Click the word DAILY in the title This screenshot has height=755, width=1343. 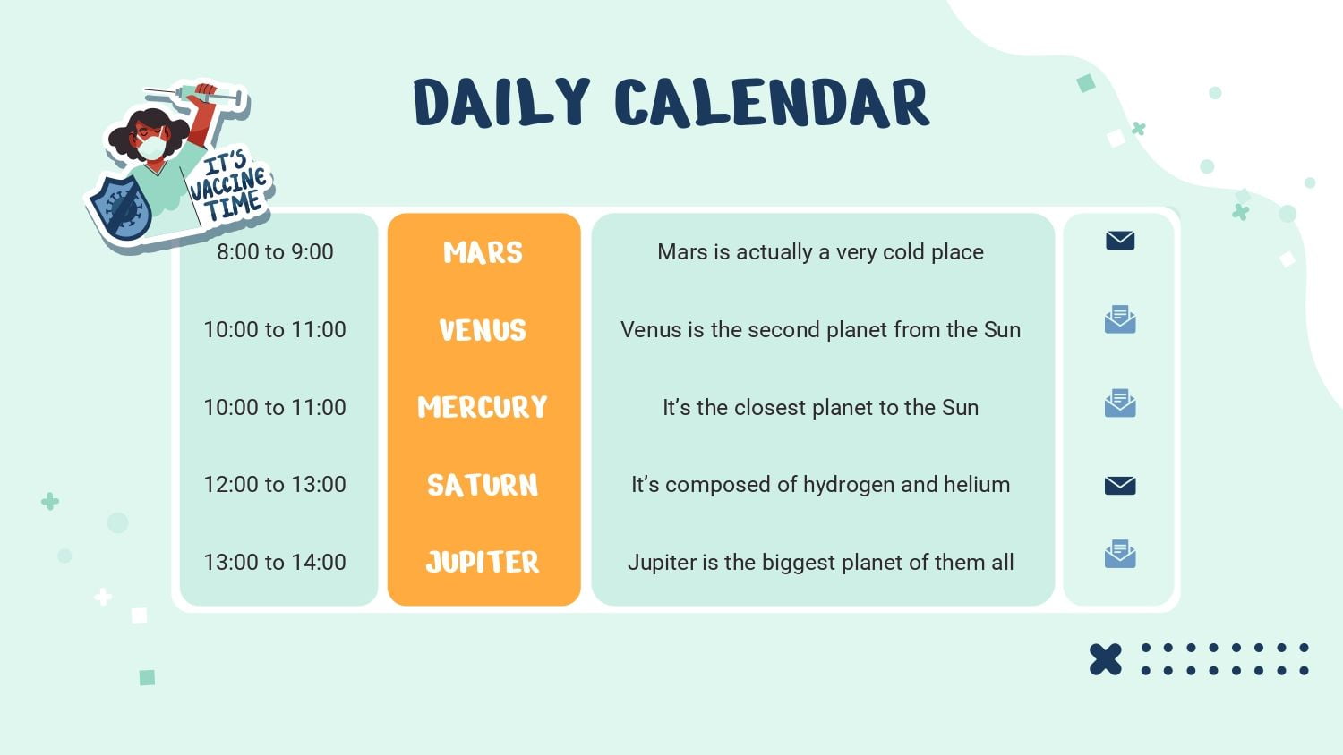point(501,102)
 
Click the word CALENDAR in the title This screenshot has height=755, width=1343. point(772,103)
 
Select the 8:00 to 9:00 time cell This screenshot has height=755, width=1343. point(275,251)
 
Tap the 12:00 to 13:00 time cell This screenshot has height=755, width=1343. point(275,484)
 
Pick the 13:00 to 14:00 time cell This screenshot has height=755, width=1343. point(275,562)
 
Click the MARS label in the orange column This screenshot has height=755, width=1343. point(483,252)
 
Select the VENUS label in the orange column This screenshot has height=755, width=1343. point(483,330)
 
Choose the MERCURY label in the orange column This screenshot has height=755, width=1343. point(483,407)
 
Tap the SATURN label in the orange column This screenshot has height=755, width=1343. point(483,485)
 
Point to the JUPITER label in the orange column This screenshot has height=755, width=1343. point(483,562)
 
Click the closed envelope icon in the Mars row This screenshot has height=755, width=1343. point(1120,241)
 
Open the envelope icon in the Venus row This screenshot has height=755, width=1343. point(1120,319)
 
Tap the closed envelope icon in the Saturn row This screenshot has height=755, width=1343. point(1120,486)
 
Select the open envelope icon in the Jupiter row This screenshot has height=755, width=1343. point(1120,554)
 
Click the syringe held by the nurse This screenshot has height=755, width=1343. point(195,95)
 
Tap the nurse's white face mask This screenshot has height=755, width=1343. point(151,147)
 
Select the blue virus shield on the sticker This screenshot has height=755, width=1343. point(121,208)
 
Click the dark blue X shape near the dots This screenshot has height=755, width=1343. point(1105,659)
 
